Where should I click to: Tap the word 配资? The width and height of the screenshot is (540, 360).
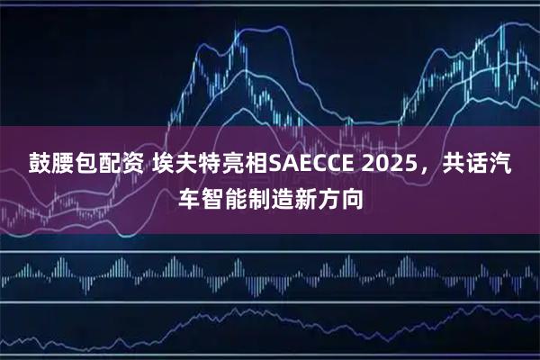tap(114, 164)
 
